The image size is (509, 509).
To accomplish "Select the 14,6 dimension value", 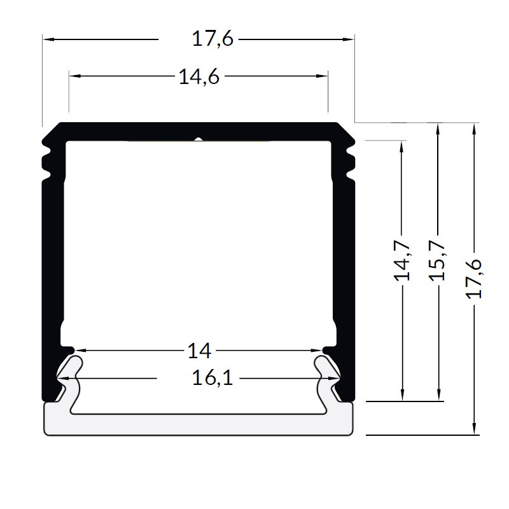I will (x=199, y=77).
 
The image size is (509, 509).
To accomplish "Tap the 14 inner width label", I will (x=199, y=350).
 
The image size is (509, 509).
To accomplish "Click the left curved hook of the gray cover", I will (x=69, y=372).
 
